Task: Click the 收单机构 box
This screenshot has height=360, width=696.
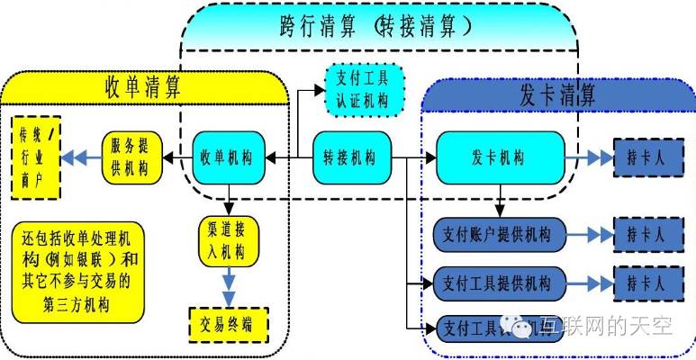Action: tap(229, 157)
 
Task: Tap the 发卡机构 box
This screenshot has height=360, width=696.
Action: tap(500, 157)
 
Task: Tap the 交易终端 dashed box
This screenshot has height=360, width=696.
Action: tap(229, 325)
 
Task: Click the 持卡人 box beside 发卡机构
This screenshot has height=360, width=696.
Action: tap(645, 157)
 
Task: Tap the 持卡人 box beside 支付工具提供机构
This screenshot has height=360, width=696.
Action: tap(645, 283)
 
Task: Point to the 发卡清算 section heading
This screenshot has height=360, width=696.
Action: tap(557, 94)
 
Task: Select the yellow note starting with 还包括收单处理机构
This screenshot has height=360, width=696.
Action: tap(79, 270)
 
